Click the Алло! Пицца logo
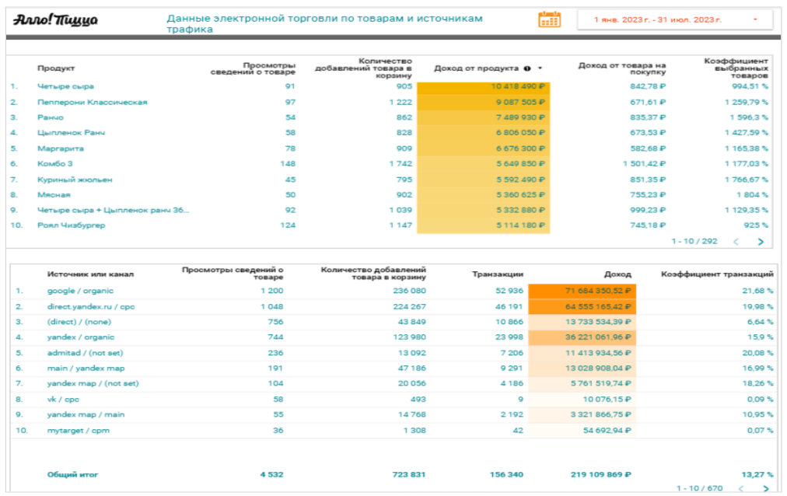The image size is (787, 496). coord(54,19)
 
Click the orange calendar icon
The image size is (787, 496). coord(549,19)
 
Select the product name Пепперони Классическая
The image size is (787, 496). coord(92,102)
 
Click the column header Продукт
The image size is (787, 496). coord(56,68)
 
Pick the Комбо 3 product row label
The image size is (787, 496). coord(54,163)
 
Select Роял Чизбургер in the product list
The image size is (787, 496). coord(71,225)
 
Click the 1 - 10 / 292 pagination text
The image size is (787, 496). coord(694,242)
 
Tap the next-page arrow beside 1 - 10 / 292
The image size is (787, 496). coord(760,242)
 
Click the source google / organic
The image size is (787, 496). coord(80,291)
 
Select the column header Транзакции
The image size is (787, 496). coord(498,274)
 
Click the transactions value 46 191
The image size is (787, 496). coord(507,306)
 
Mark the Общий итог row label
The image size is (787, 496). coord(72,474)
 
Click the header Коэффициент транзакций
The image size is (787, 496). coord(716,274)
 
